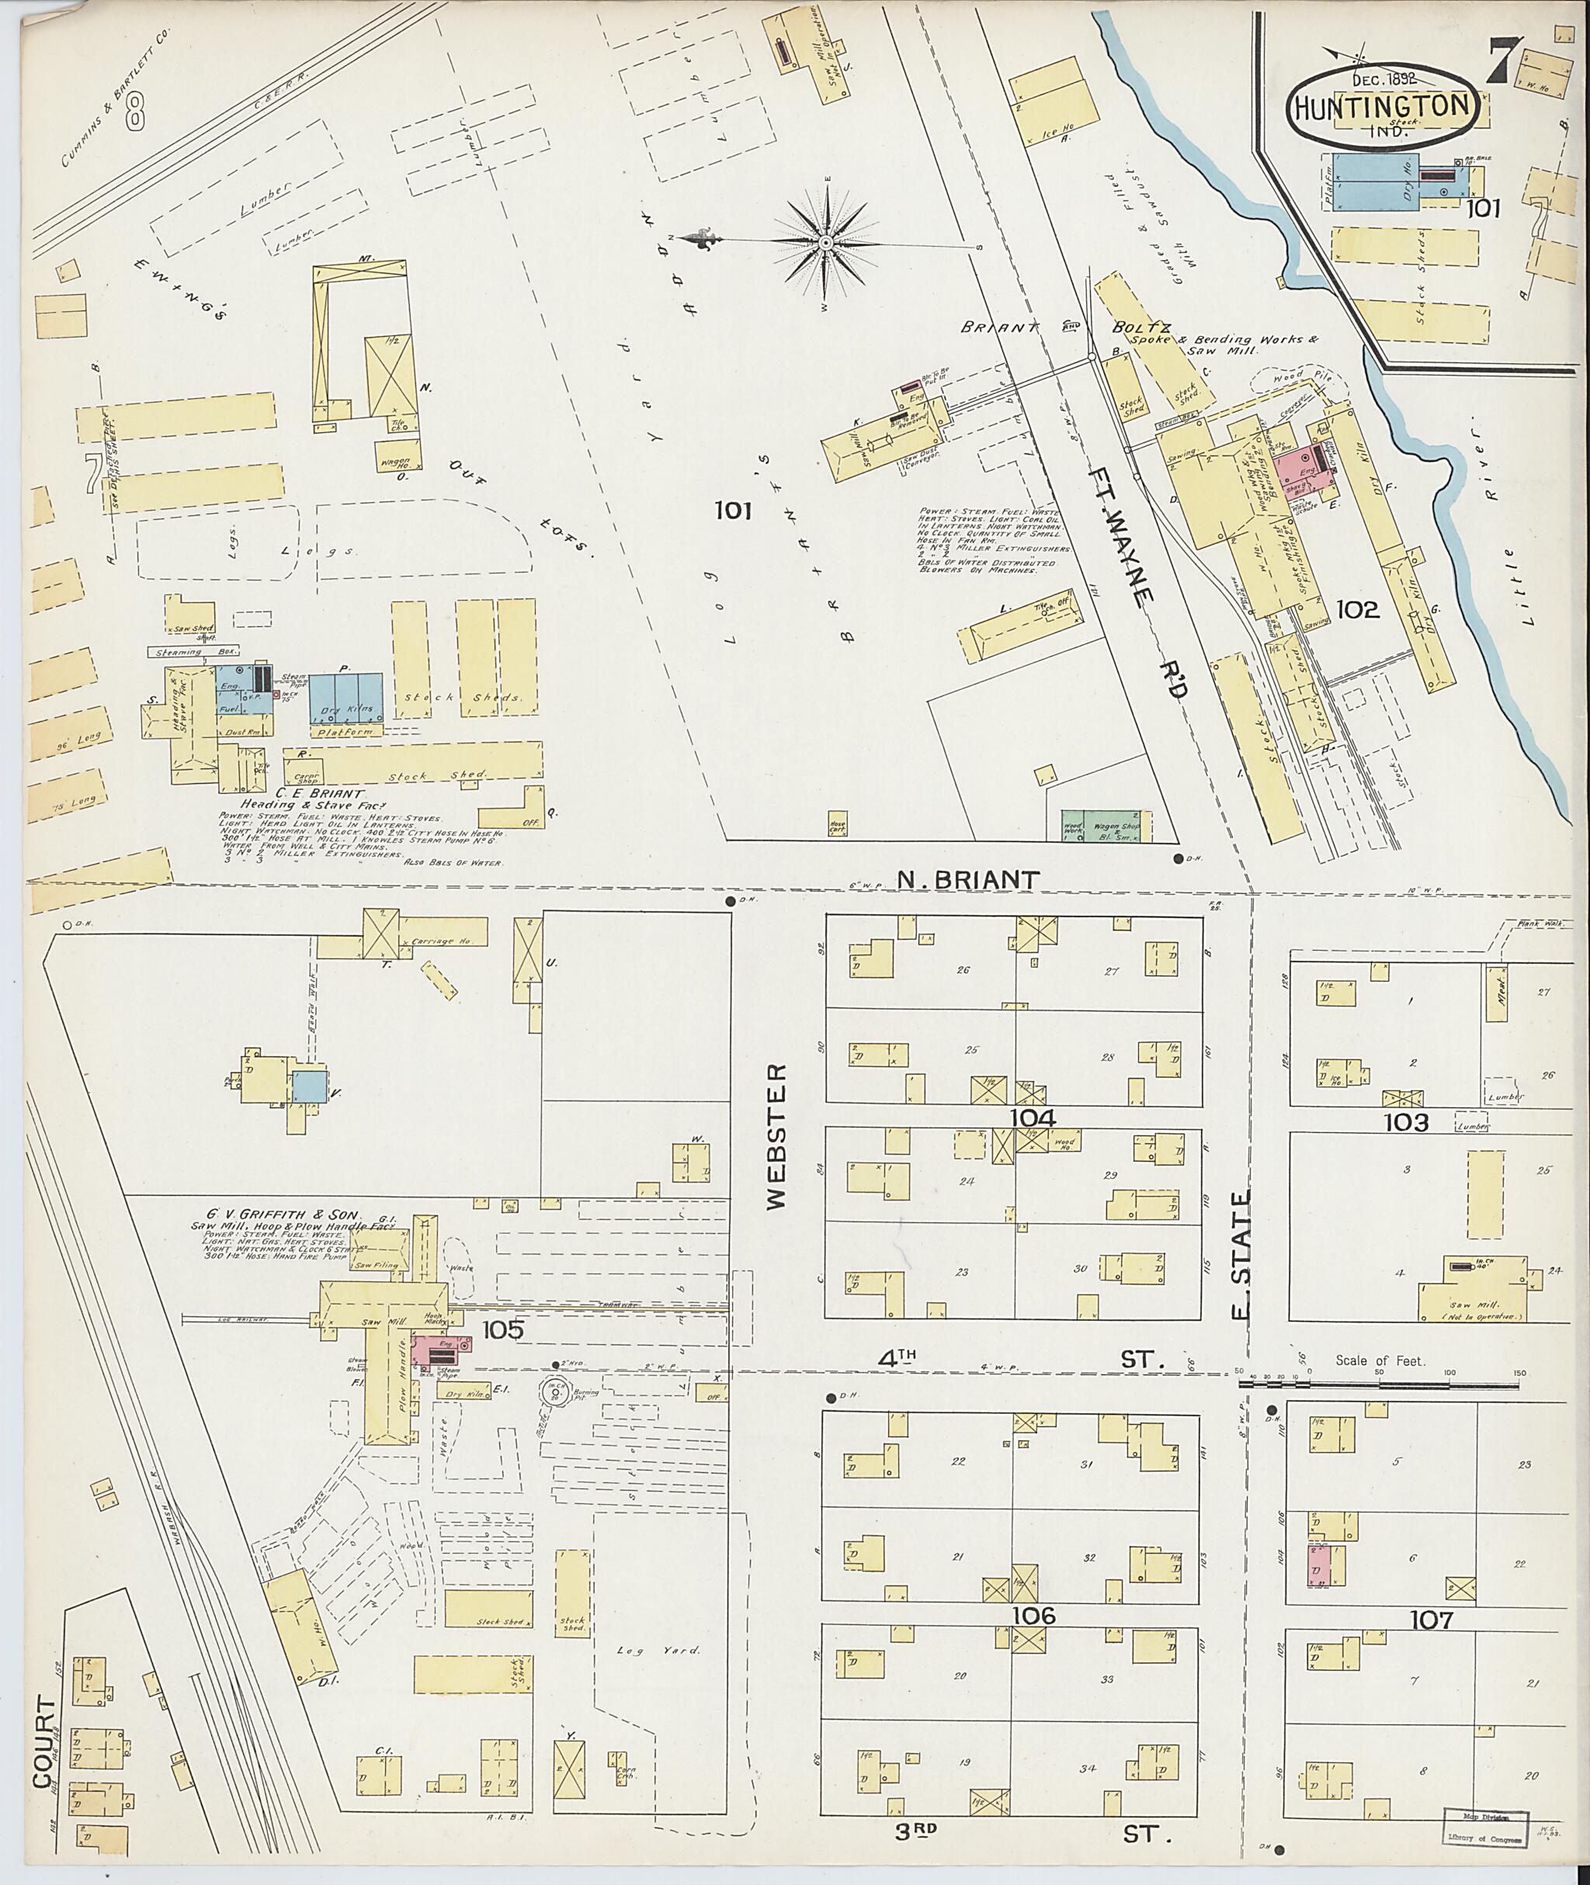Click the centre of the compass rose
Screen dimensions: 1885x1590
tap(825, 243)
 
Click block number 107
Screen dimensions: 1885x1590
tap(1432, 1619)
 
